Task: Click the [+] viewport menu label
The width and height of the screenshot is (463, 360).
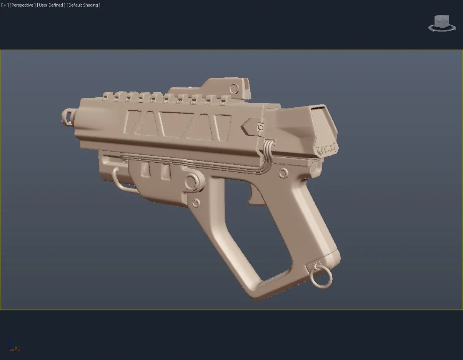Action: (x=5, y=5)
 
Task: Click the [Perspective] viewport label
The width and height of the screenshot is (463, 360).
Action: (x=22, y=5)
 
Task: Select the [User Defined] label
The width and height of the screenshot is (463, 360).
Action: (x=51, y=5)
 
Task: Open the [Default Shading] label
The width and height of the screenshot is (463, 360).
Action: (x=83, y=5)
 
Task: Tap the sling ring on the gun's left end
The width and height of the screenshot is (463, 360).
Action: (x=68, y=116)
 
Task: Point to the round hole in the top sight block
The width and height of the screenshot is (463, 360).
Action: (x=233, y=88)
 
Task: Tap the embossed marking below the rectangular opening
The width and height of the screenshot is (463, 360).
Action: (x=326, y=148)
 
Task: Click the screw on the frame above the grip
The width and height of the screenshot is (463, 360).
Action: (x=283, y=173)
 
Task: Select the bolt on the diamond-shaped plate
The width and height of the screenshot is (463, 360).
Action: (x=261, y=127)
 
